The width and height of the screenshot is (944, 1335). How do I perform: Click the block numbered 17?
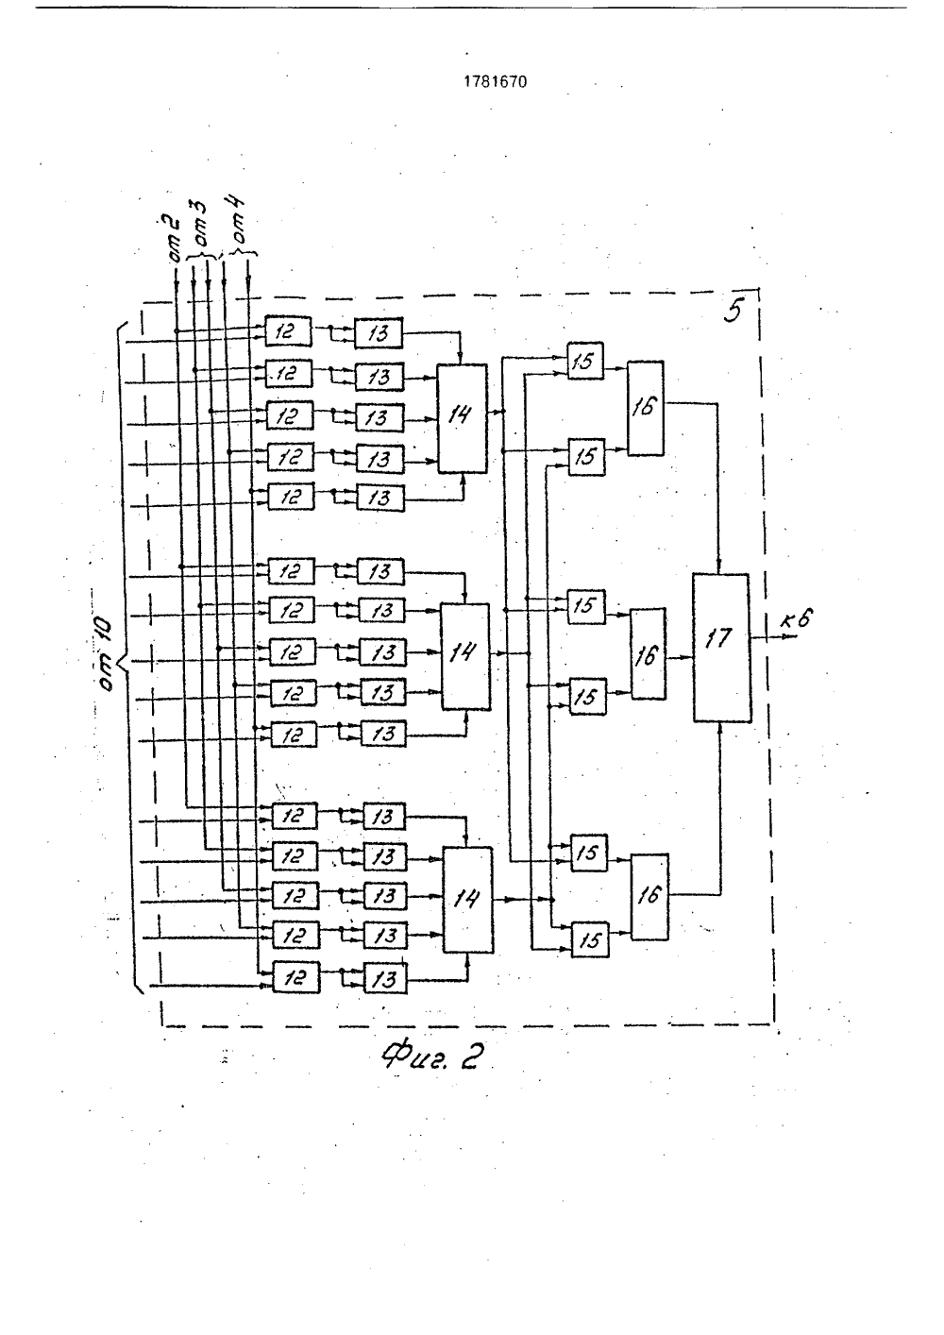point(722,648)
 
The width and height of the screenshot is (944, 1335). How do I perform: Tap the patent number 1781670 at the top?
point(496,82)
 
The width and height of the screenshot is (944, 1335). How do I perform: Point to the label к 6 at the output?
point(796,619)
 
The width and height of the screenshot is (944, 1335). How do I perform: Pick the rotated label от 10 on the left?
point(105,653)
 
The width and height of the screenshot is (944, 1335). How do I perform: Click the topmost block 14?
point(463,418)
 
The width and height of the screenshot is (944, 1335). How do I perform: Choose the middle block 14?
point(465,656)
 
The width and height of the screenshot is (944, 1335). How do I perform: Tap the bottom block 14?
point(468,900)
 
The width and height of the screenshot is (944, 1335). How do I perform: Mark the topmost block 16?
point(646,408)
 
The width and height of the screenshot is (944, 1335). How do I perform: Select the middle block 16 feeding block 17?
point(649,653)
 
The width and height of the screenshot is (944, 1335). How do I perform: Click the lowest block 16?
point(650,897)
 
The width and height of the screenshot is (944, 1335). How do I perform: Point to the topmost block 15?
point(584,361)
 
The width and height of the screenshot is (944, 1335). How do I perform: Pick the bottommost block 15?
point(590,939)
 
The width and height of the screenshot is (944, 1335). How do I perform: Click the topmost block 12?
point(288,331)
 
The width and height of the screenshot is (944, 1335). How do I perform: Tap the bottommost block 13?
point(385,979)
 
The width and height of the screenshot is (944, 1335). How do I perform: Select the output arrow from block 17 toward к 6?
point(773,636)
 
